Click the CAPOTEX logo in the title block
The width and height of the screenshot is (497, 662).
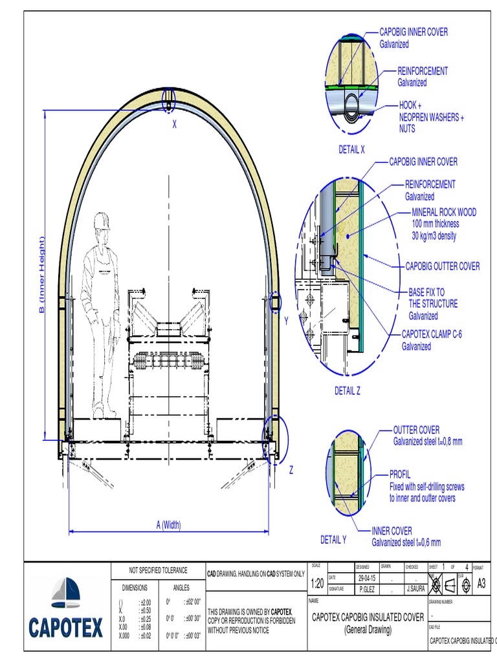[x=66, y=609]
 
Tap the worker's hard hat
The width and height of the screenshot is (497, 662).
[x=102, y=220]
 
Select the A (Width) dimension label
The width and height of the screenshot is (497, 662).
[x=168, y=524]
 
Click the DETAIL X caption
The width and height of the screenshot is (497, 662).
[x=351, y=149]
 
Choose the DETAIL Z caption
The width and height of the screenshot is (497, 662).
[x=347, y=390]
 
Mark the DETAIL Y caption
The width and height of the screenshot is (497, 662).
[x=333, y=540]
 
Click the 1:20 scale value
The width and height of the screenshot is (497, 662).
[x=317, y=584]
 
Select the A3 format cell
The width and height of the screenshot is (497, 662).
[x=481, y=583]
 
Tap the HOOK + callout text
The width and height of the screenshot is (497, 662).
[x=410, y=105]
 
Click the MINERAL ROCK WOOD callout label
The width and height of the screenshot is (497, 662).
[x=444, y=212]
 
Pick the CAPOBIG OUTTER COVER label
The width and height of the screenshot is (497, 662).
[x=443, y=266]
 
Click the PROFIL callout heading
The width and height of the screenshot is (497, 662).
[x=400, y=475]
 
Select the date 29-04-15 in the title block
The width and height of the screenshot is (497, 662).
[x=366, y=577]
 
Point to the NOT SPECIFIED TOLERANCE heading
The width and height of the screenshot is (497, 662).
[x=158, y=570]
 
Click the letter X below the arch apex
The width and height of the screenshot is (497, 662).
[x=174, y=125]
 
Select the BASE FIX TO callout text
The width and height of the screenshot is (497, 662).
[x=426, y=292]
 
